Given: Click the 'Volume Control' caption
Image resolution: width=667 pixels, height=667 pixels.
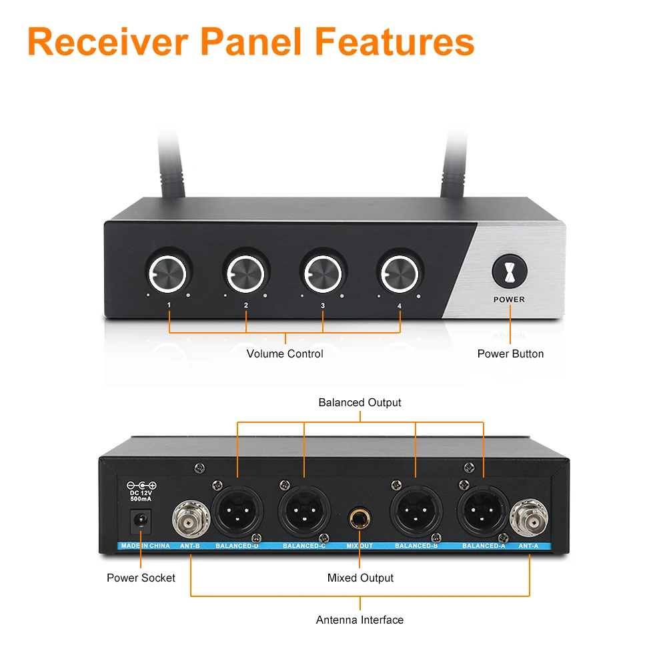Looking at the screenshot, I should [285, 354].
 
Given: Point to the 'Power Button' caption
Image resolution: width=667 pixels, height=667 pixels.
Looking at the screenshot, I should [510, 354].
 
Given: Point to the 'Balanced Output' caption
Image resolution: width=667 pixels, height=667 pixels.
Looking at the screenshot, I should [360, 403].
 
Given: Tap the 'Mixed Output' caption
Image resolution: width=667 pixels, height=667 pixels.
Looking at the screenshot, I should [360, 578].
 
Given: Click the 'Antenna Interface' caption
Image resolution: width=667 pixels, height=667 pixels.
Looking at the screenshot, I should [360, 620].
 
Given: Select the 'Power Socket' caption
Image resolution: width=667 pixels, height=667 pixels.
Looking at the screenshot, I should [141, 578].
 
